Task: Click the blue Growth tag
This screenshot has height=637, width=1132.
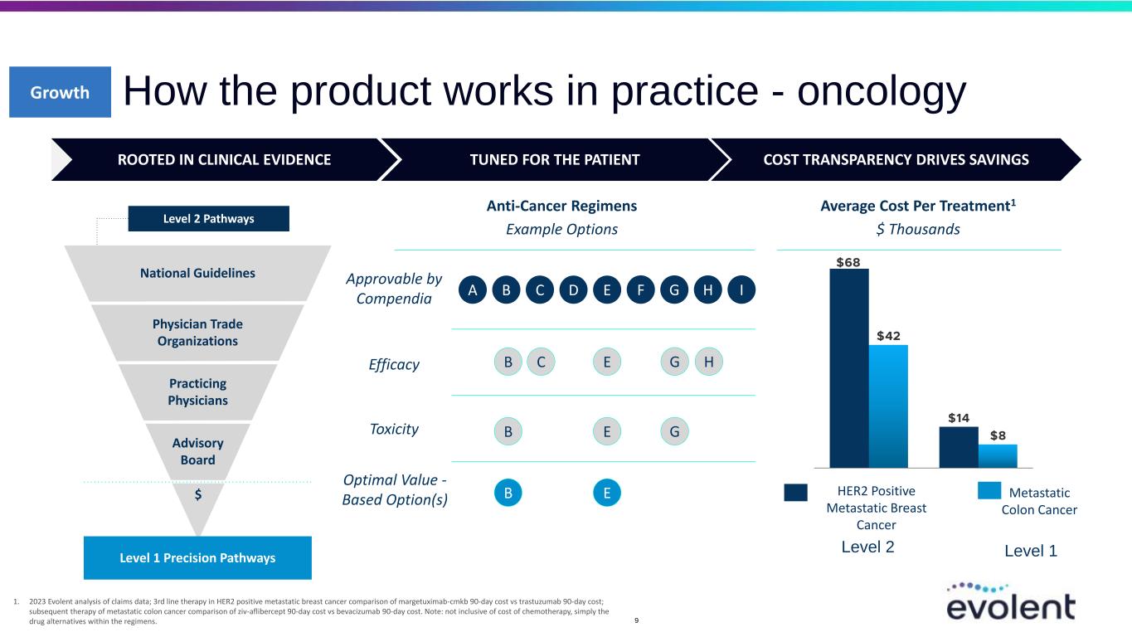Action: tap(61, 92)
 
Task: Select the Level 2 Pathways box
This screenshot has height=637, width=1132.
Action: tap(209, 218)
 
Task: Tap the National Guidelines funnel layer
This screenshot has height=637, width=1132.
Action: tap(197, 273)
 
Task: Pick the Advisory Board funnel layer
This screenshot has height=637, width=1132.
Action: tap(197, 451)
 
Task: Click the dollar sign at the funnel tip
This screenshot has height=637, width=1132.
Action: tap(198, 494)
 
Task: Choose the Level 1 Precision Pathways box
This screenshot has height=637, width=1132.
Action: tap(197, 557)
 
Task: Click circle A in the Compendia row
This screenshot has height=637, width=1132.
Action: tap(473, 289)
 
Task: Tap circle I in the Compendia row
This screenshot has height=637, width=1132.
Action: tap(741, 289)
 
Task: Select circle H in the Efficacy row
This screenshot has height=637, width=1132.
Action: tap(708, 362)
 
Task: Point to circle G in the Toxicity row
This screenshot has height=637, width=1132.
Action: tap(674, 431)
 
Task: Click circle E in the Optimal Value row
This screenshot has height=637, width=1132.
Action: tap(607, 493)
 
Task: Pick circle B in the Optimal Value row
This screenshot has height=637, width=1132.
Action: tap(508, 493)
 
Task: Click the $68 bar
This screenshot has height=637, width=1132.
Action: tap(849, 368)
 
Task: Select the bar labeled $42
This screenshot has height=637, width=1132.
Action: tap(888, 406)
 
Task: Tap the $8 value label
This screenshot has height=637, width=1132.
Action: tap(998, 435)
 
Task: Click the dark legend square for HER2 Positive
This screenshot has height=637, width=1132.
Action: tap(795, 493)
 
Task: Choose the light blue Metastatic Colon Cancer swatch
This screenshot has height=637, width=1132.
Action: tap(989, 490)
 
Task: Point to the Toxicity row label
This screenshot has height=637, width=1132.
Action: tap(394, 429)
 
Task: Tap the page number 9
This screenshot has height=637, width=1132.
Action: tap(636, 620)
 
